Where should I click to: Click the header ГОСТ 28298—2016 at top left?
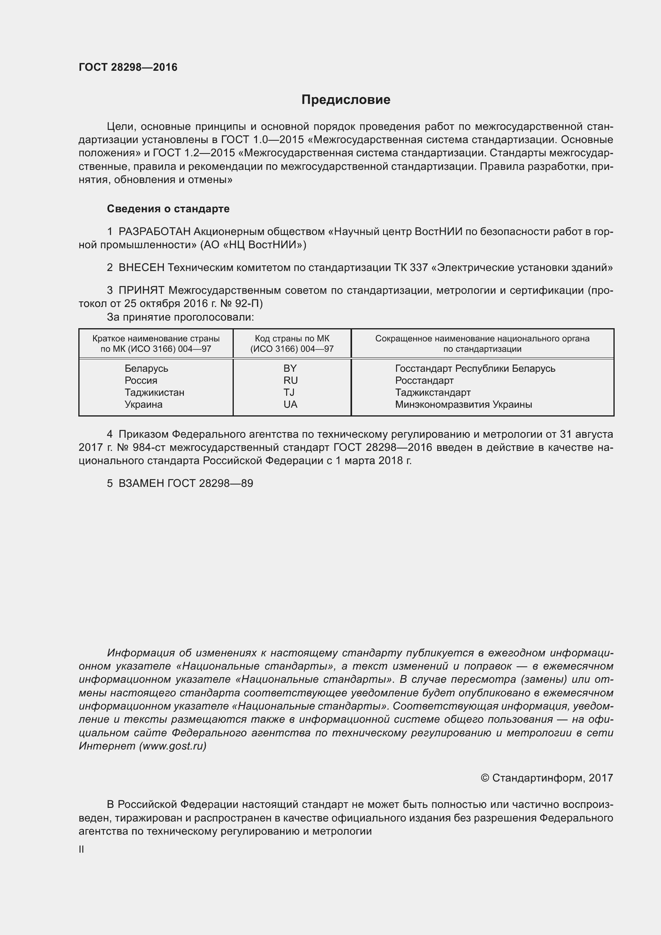[128, 67]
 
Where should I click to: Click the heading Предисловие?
[346, 100]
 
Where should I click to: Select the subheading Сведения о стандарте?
[168, 209]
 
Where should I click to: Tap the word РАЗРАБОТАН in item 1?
[154, 232]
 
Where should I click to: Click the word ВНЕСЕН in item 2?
[141, 267]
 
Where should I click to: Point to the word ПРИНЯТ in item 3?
[141, 290]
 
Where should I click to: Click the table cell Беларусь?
[146, 369]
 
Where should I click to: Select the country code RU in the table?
[291, 380]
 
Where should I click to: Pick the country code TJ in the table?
[289, 393]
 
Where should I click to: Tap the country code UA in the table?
[291, 405]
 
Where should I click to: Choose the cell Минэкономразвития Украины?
[463, 405]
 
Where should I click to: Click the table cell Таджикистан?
[154, 393]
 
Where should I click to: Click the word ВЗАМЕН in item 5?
[141, 483]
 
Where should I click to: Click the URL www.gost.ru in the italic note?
[173, 746]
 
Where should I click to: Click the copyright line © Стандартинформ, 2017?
[547, 778]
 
